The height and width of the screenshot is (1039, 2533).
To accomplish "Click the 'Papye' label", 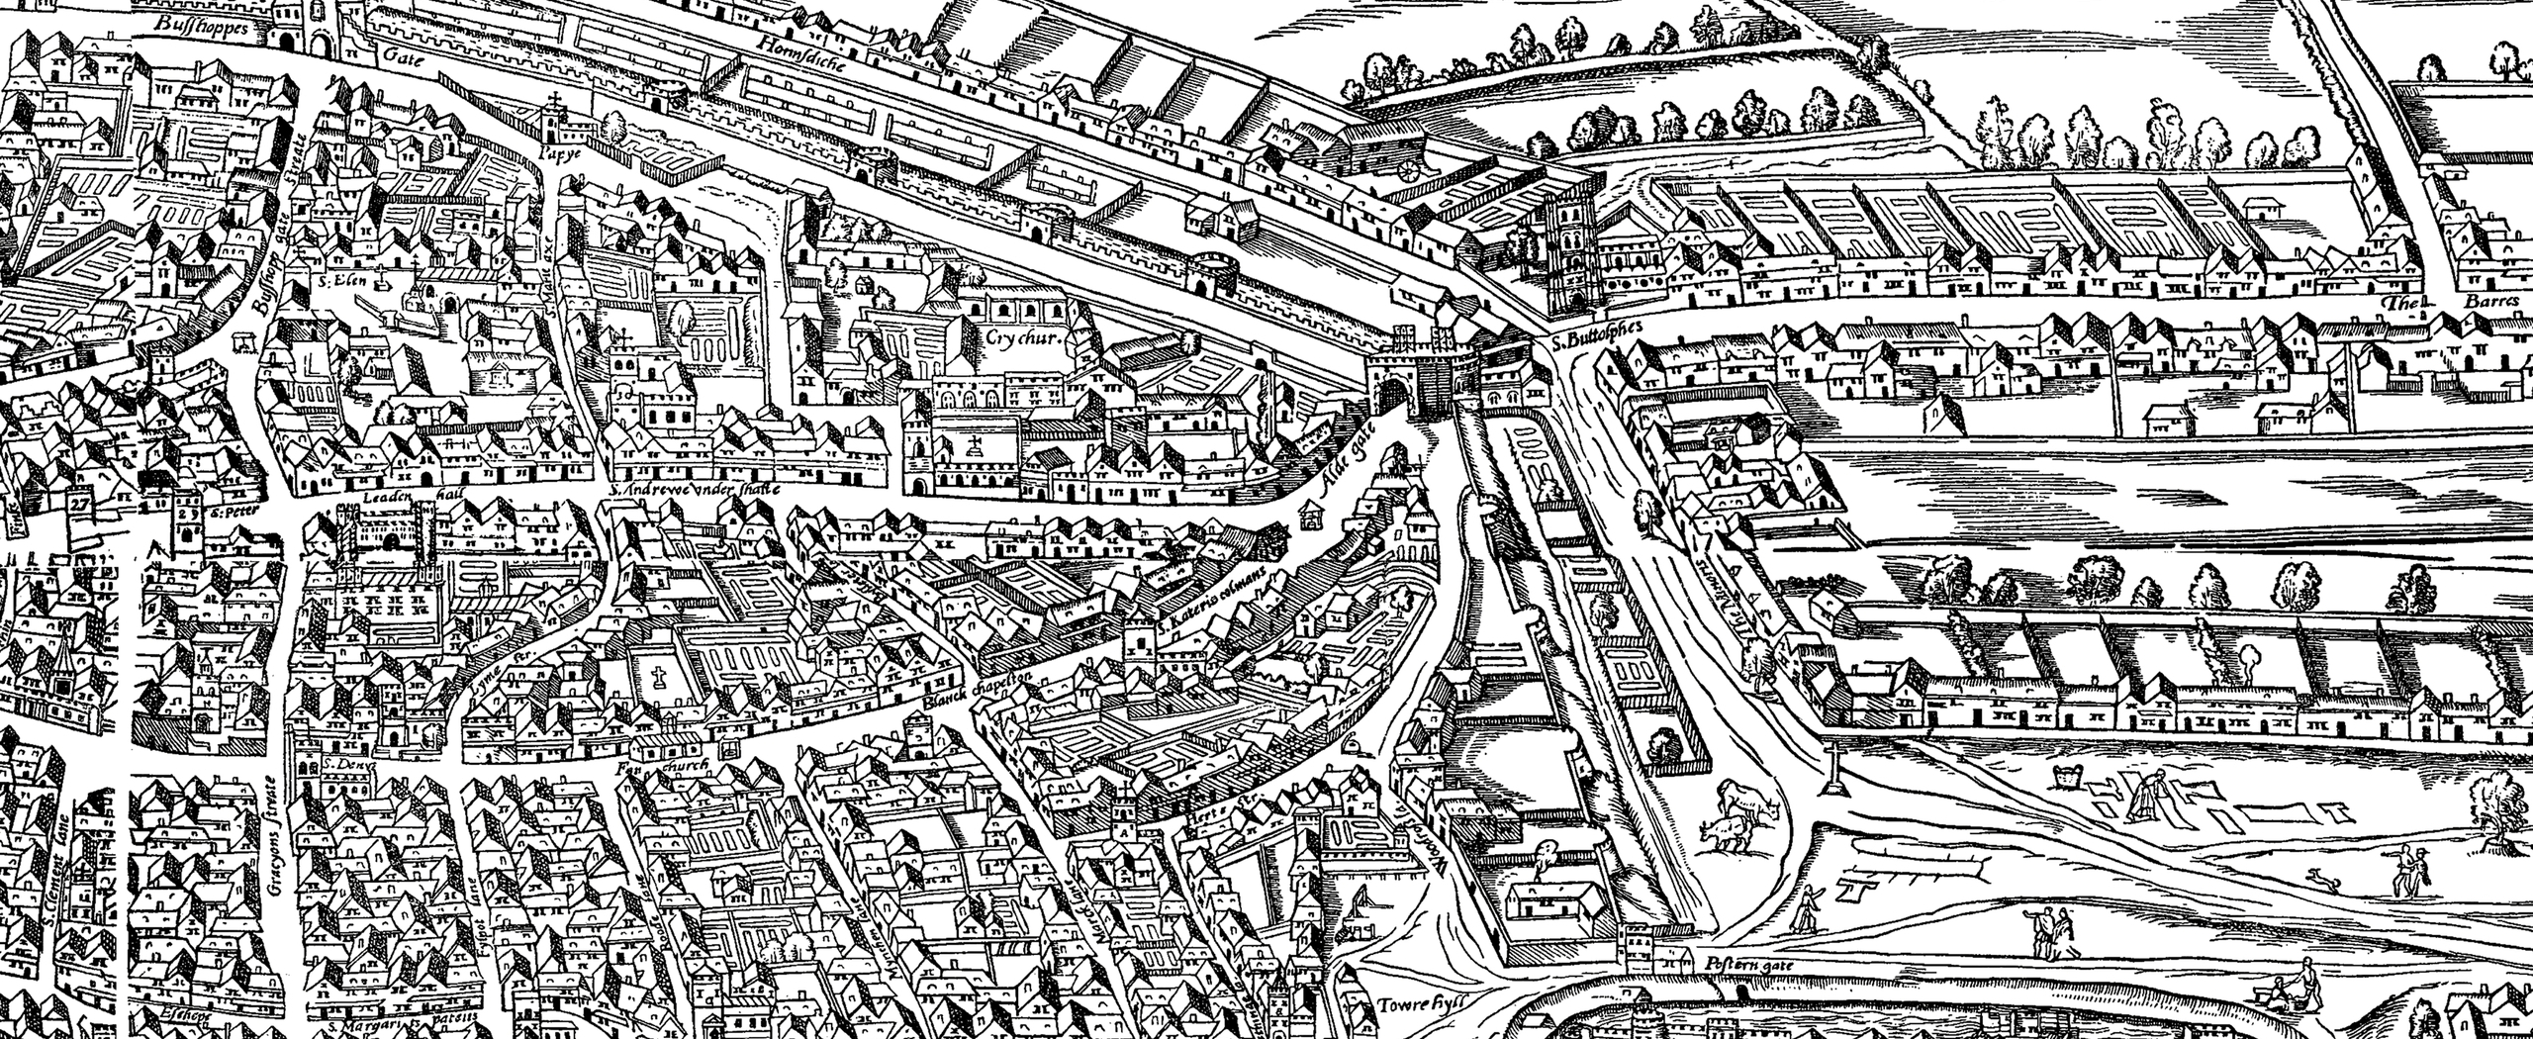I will (557, 153).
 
